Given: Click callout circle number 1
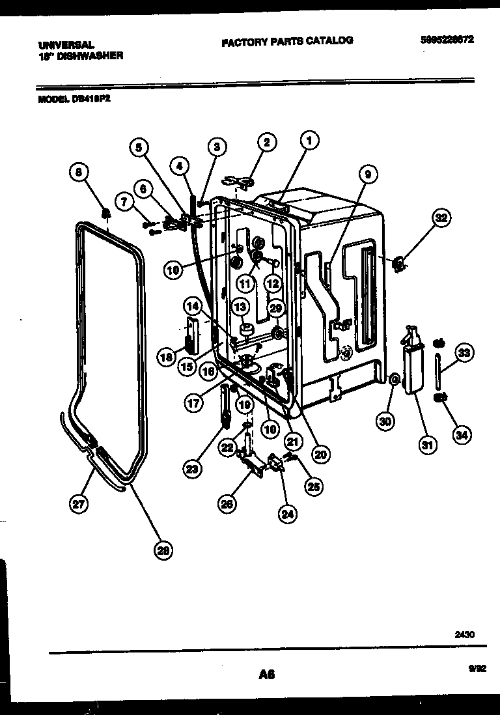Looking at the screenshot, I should [311, 139].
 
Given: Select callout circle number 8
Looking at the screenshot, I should [78, 173].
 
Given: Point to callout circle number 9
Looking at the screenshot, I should [368, 175].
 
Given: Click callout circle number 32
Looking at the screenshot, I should [441, 219].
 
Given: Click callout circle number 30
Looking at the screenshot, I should [385, 421].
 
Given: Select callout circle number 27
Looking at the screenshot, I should [79, 504].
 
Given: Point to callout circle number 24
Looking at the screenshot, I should [286, 514].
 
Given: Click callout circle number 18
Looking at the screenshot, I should [166, 356].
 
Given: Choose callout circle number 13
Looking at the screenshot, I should [241, 306].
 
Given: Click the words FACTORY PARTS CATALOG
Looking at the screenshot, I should [287, 40].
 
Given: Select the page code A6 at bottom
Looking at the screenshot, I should [266, 675].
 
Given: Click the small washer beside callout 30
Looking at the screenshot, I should [394, 380].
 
